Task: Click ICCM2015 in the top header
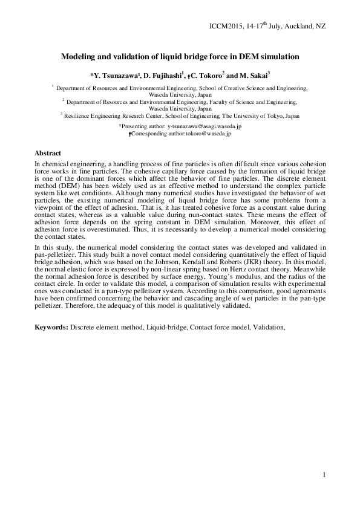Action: [x=225, y=27]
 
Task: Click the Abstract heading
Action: [x=48, y=154]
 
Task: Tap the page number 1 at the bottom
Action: [x=324, y=475]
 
